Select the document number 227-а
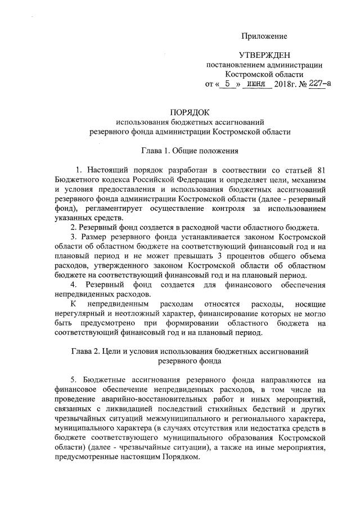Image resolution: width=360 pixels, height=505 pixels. click(318, 84)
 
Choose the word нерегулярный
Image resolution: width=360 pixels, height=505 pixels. click(82, 313)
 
